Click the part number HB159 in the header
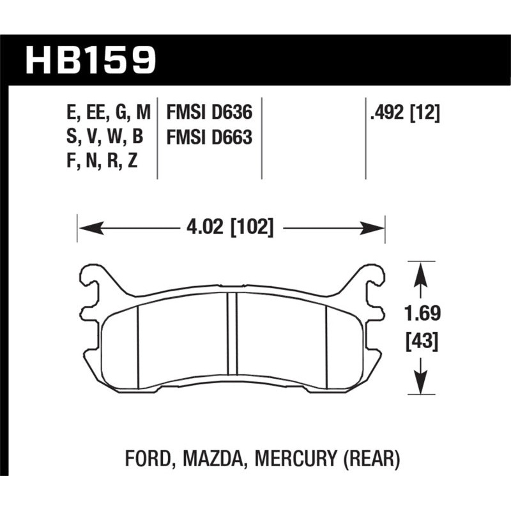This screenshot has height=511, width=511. (x=90, y=59)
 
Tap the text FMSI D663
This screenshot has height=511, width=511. (x=209, y=137)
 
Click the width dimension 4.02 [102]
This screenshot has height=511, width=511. (x=231, y=227)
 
